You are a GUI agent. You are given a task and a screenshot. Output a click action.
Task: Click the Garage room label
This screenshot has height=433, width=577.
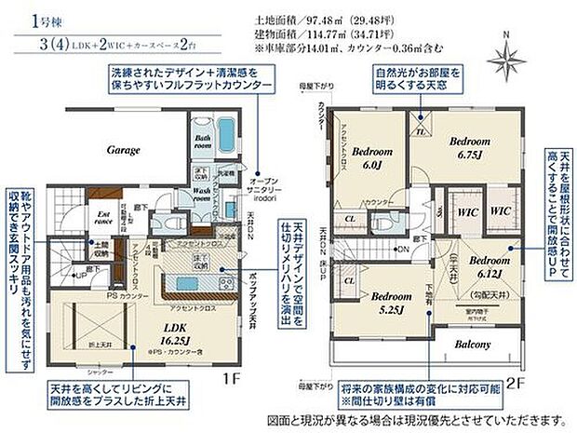(x=122, y=149)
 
